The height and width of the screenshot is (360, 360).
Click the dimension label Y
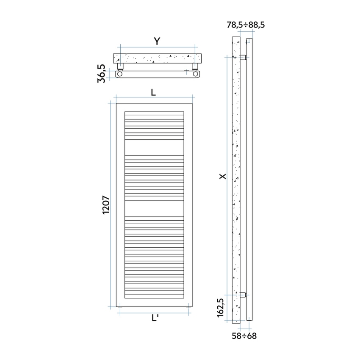pos(157,41)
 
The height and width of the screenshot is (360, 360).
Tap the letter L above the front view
pos(153,92)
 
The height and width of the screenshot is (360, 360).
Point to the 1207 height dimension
pos(106,205)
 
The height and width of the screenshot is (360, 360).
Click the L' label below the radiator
pos(155,320)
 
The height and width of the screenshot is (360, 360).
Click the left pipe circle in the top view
pos(120,74)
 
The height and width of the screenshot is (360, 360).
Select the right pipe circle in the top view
pos(195,74)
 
